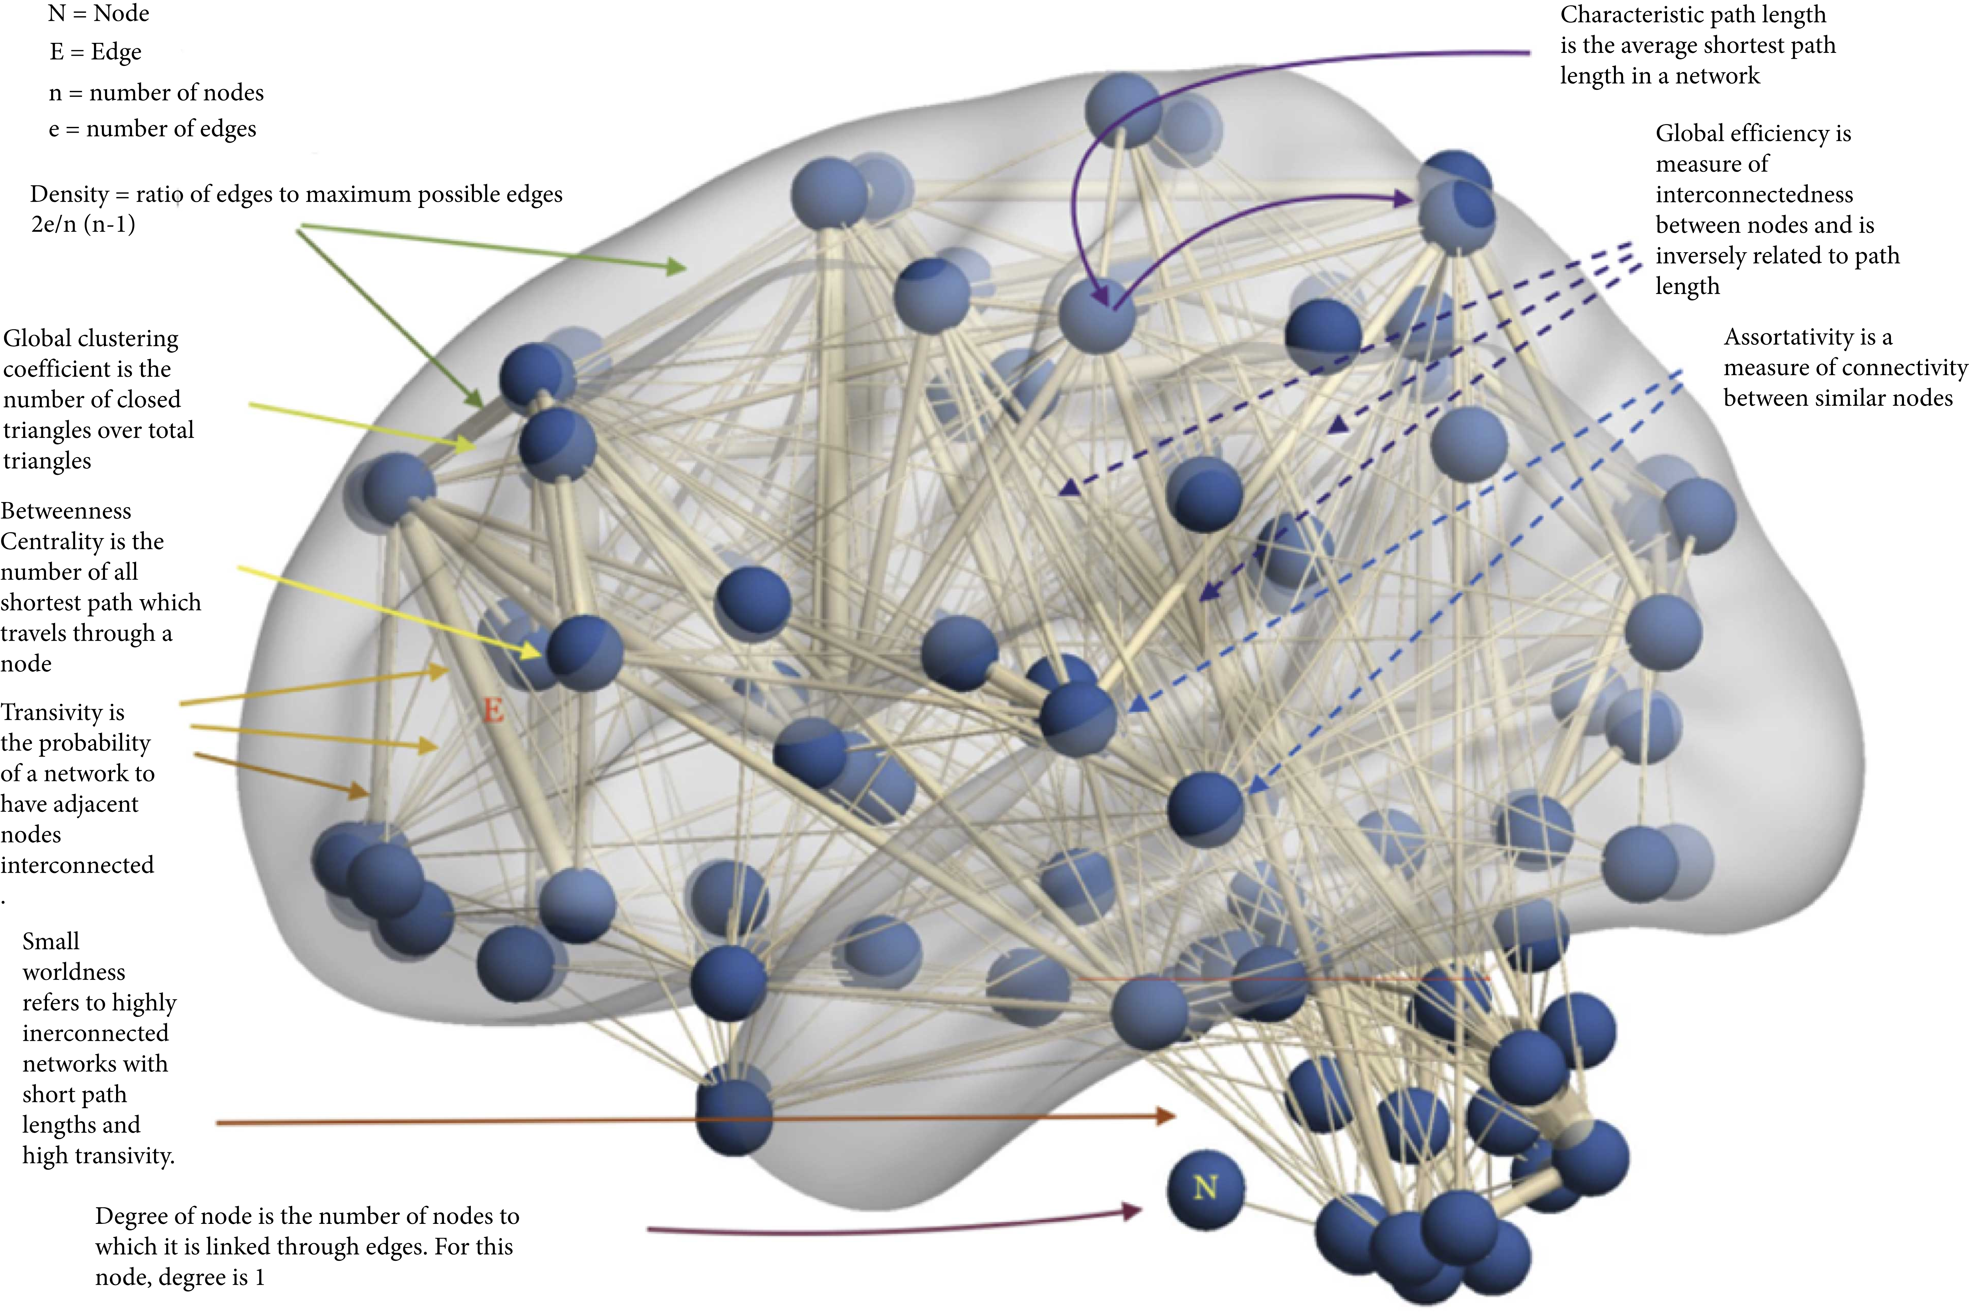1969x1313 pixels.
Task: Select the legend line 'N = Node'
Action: [x=99, y=14]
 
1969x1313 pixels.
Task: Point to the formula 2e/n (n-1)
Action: [x=83, y=224]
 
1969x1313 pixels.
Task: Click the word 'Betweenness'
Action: [x=66, y=511]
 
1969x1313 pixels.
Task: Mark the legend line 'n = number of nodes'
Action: [x=156, y=93]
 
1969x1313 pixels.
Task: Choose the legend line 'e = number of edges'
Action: [x=152, y=130]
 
